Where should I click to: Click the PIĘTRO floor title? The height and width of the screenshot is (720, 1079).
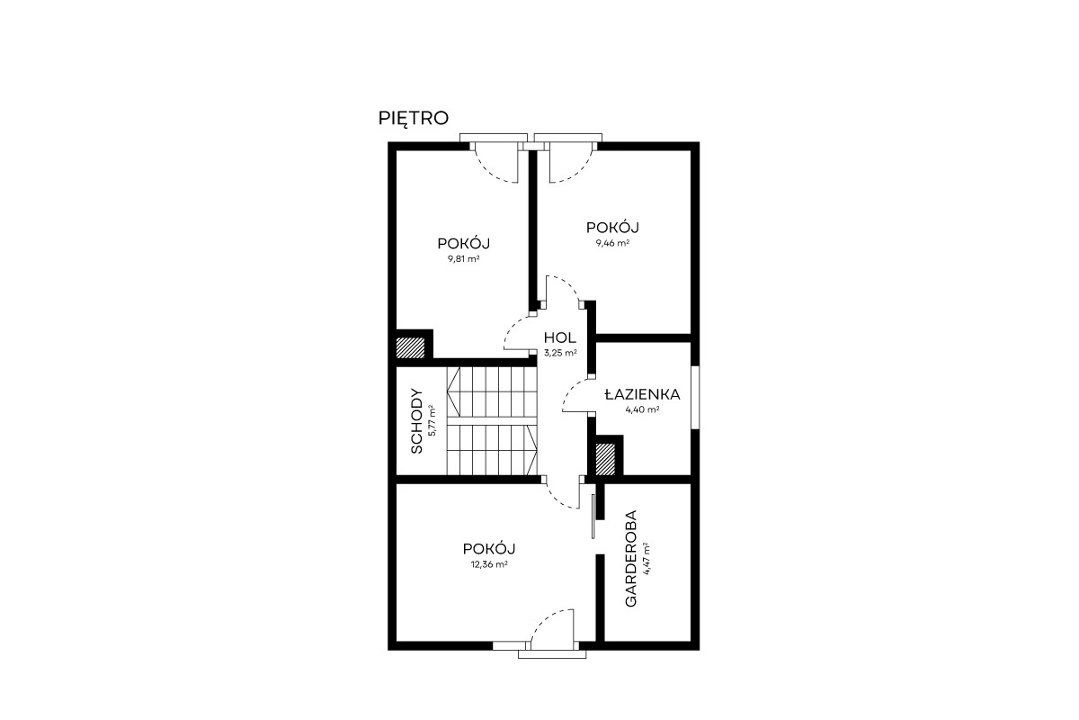(x=414, y=119)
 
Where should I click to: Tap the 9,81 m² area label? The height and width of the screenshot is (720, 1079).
(x=463, y=258)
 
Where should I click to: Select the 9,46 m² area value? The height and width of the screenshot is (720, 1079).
(x=612, y=243)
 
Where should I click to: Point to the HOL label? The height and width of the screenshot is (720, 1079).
(x=559, y=337)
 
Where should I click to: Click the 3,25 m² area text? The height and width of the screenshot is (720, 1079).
(x=561, y=353)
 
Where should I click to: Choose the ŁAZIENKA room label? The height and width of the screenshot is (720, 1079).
(x=643, y=394)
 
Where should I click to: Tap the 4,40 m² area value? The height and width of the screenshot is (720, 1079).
(x=643, y=409)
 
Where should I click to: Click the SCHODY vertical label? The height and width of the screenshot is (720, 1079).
(x=417, y=421)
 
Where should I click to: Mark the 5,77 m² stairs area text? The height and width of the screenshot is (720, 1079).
(x=432, y=420)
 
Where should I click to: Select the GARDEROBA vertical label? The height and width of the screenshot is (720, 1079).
(x=630, y=558)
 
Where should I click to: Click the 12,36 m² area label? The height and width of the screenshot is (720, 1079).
(x=489, y=564)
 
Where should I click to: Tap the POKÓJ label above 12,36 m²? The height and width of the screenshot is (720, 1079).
(x=489, y=549)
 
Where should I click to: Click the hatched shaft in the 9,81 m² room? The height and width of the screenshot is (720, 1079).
(x=410, y=347)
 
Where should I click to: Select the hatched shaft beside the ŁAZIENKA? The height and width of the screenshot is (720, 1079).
(x=605, y=459)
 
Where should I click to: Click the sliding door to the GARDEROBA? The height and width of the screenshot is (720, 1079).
(x=593, y=516)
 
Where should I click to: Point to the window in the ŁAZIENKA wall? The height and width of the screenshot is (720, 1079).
(x=695, y=398)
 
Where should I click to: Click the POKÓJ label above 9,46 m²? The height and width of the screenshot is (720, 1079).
(x=612, y=227)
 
